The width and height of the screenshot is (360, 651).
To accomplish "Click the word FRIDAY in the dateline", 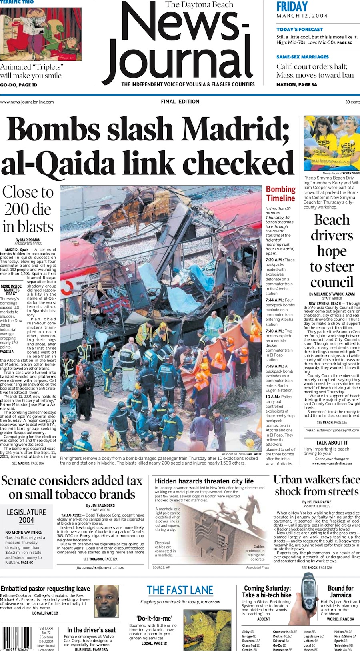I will click(x=292, y=7).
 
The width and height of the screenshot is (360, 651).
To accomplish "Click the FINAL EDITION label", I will click(x=180, y=102).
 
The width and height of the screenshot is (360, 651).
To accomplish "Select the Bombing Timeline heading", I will click(x=281, y=194).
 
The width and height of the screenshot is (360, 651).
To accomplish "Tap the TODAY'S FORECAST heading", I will click(x=300, y=29).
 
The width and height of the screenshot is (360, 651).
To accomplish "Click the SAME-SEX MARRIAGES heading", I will click(x=302, y=57).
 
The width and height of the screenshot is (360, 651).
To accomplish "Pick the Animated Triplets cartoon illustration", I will click(x=40, y=34).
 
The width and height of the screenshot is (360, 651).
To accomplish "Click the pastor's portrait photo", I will click(x=106, y=601).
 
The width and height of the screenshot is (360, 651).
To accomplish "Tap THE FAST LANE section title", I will click(x=180, y=590).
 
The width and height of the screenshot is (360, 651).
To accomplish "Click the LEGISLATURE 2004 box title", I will click(x=26, y=516).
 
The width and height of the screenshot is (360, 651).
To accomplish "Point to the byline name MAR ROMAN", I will click(x=30, y=240).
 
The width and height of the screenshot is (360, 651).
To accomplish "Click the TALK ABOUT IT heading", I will click(x=332, y=443).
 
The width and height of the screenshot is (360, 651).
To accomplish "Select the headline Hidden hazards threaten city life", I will click(x=204, y=481).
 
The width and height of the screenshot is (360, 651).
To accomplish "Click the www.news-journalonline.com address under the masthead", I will click(x=27, y=102).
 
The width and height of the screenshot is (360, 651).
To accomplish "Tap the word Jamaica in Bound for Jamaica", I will click(x=340, y=595).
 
